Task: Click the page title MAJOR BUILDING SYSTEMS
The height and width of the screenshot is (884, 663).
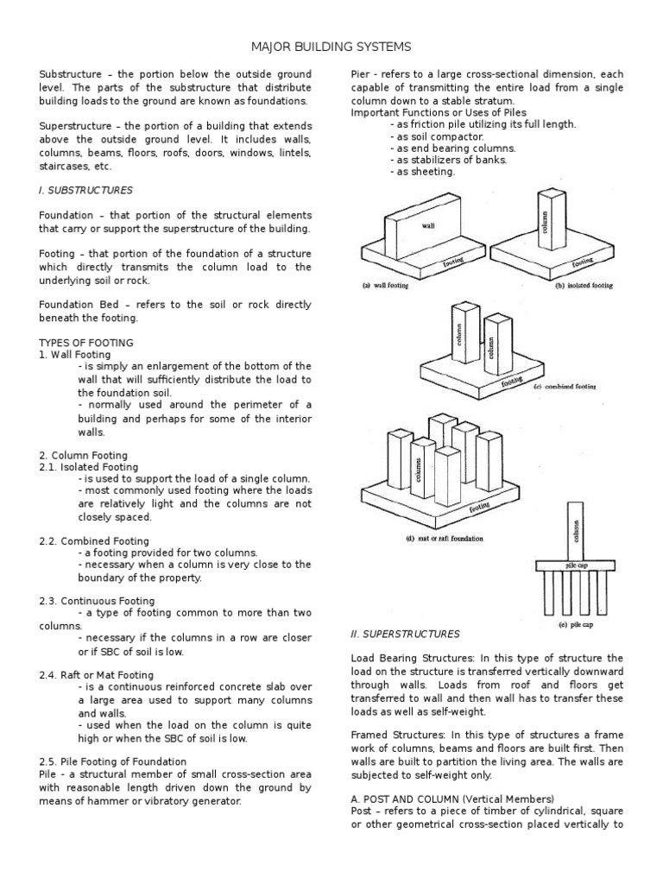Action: [331, 45]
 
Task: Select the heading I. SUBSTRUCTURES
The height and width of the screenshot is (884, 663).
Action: [85, 189]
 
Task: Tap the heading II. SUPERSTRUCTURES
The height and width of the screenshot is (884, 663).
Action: [405, 634]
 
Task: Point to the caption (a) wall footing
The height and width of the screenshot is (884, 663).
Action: [384, 286]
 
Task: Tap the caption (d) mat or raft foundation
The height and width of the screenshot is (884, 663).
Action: [433, 538]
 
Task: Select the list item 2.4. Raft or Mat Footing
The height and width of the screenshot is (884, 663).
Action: [96, 675]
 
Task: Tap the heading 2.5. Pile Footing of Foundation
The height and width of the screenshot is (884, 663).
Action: [112, 761]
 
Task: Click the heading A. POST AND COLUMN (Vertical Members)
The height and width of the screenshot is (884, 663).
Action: [452, 799]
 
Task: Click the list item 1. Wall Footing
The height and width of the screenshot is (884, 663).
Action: [75, 355]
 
